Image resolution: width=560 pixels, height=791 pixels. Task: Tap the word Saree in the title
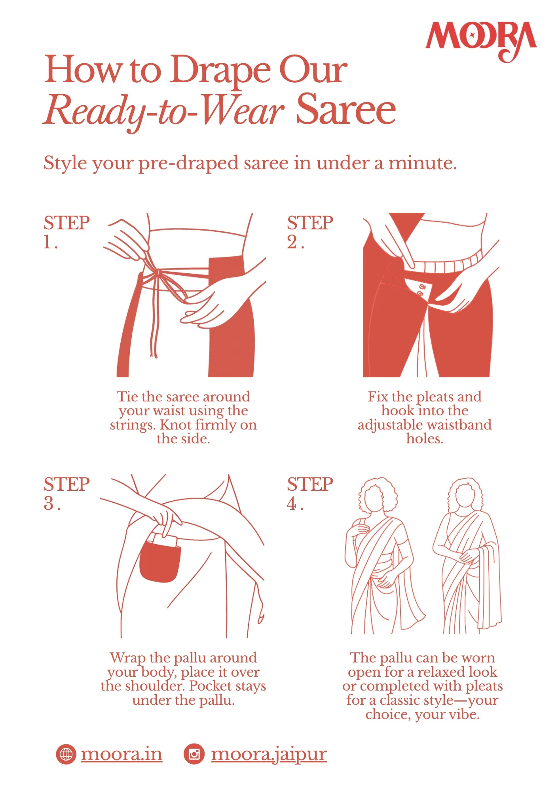tap(346, 110)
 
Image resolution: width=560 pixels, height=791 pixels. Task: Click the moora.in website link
tap(121, 754)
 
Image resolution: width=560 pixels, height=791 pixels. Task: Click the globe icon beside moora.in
tap(66, 754)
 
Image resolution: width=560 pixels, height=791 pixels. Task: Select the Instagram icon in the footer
tap(194, 754)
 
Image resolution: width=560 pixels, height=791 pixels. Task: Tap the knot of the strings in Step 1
tap(159, 272)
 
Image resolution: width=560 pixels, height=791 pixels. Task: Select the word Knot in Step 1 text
tap(175, 425)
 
